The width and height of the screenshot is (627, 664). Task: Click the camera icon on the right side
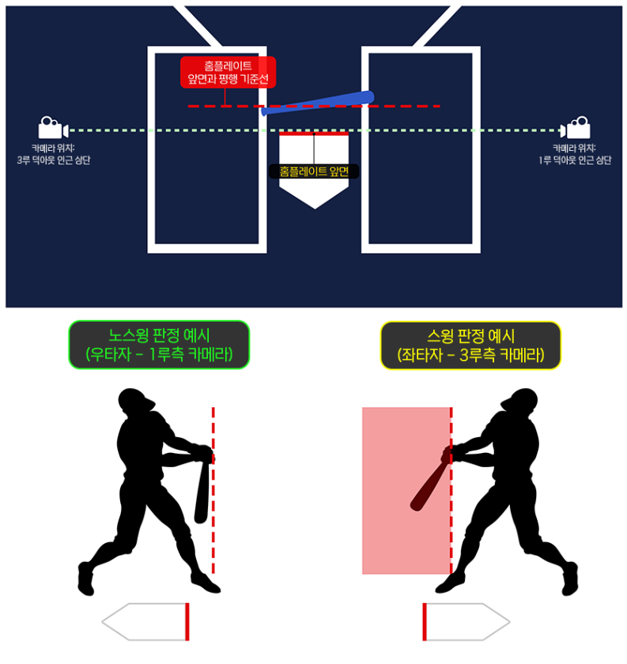coord(575,129)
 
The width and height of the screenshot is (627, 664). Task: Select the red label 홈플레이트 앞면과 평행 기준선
coord(228,71)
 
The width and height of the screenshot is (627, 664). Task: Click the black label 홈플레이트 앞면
coord(314,170)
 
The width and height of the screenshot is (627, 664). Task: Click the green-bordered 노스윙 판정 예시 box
coord(159,345)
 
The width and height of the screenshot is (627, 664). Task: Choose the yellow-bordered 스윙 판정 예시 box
coord(470,345)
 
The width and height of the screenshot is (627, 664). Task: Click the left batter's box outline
coord(152,150)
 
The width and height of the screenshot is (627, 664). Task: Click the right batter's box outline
coord(476,150)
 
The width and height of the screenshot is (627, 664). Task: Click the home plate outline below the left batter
coord(146,621)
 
